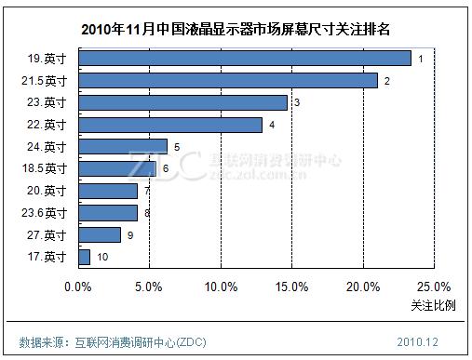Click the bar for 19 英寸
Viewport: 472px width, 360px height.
point(245,59)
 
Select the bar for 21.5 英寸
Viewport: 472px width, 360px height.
point(228,80)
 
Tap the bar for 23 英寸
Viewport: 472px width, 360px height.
point(183,102)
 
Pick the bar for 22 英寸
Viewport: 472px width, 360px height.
point(170,125)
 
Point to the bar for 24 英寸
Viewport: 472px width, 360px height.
point(123,146)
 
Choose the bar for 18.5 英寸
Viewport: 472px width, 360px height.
point(117,168)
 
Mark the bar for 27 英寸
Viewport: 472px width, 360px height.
point(100,234)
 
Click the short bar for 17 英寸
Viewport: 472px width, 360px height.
point(85,257)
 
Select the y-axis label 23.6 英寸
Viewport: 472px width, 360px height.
point(43,213)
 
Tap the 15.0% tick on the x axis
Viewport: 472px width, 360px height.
point(291,287)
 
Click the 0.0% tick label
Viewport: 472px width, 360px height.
point(79,287)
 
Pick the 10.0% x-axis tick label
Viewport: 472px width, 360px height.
point(221,287)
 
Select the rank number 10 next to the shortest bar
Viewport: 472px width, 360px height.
point(102,257)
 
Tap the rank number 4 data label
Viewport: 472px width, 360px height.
point(272,125)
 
